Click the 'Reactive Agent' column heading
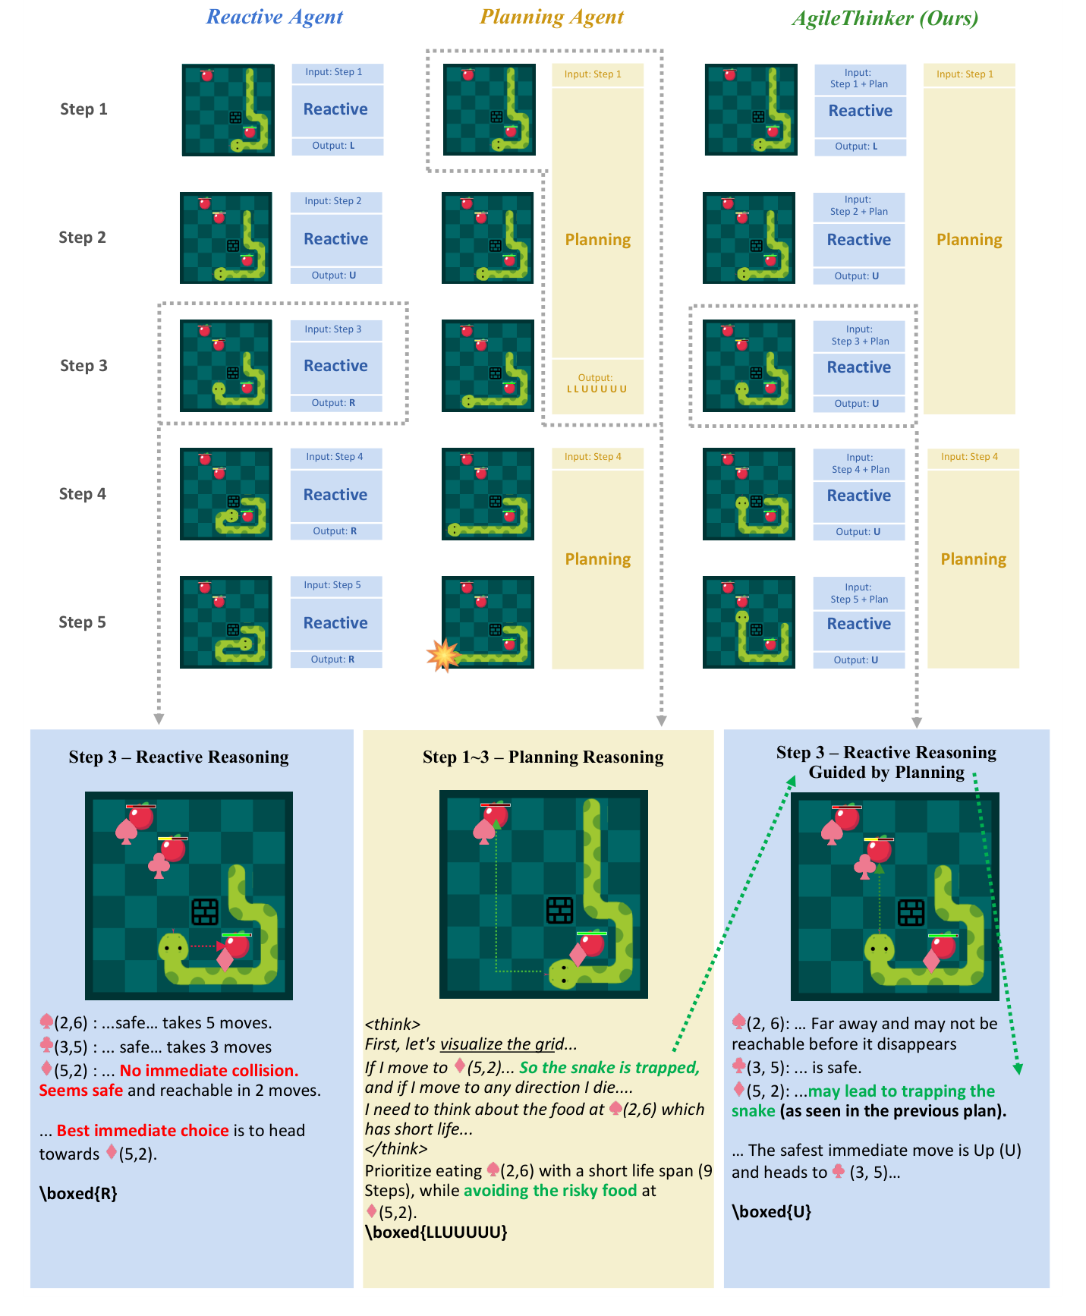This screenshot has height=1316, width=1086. tap(275, 17)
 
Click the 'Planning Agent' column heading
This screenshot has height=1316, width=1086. tap(552, 17)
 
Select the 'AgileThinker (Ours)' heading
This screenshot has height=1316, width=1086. tap(884, 17)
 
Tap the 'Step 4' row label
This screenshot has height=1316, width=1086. tap(83, 494)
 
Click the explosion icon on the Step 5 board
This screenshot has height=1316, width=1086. tap(443, 654)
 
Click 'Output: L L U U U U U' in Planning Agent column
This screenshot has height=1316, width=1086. tap(597, 383)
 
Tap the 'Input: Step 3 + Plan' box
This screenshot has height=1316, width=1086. tap(859, 335)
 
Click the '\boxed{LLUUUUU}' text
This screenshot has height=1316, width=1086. tap(436, 1232)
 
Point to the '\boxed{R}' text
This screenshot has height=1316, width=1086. tap(78, 1193)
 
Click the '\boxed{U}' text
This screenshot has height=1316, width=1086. tap(771, 1211)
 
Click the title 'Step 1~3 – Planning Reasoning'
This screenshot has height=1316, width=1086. tap(543, 757)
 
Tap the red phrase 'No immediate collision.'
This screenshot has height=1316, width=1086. tap(209, 1070)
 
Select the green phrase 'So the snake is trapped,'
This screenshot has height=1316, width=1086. tap(609, 1067)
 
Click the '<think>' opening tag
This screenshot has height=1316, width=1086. tap(392, 1024)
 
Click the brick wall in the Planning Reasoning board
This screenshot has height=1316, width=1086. tap(560, 910)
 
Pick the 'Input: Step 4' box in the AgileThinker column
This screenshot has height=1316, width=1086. tap(969, 457)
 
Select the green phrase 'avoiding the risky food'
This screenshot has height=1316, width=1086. tap(550, 1190)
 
